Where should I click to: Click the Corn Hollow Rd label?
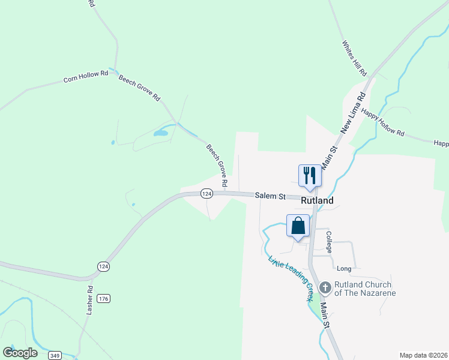[86, 76]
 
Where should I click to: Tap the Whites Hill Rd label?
[354, 58]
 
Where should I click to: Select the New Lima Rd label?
[354, 112]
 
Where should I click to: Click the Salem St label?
[268, 196]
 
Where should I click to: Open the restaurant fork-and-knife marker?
[310, 175]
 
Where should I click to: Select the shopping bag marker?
[298, 226]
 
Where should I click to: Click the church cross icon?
[325, 289]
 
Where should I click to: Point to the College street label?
[329, 241]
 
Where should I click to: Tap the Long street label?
[344, 269]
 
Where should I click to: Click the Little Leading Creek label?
[292, 278]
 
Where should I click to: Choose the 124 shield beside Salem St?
[206, 194]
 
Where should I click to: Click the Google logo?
[20, 353]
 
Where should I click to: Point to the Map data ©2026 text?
[423, 355]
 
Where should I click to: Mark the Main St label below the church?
[325, 314]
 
